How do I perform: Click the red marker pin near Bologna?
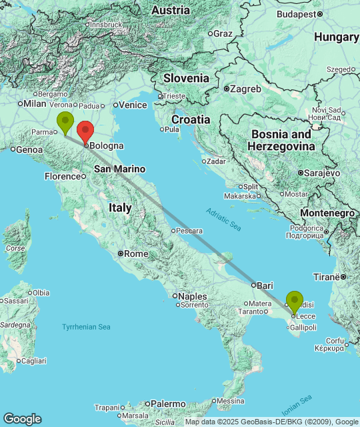tap(85, 131)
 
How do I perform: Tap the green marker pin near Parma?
tap(65, 122)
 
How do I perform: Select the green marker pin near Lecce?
tap(295, 302)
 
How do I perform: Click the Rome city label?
tap(136, 254)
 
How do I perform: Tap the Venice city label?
tap(133, 105)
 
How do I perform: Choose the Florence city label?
tap(63, 176)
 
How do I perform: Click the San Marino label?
tap(119, 169)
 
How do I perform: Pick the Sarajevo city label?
tap(323, 172)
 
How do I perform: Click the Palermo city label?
tap(167, 404)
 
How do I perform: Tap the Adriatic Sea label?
tap(223, 220)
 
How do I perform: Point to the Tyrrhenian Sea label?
tap(86, 327)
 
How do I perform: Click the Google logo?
tap(22, 418)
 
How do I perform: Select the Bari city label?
tap(265, 285)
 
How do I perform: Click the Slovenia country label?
tap(186, 78)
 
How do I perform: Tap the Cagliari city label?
tap(33, 360)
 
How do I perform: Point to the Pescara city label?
tap(189, 231)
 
